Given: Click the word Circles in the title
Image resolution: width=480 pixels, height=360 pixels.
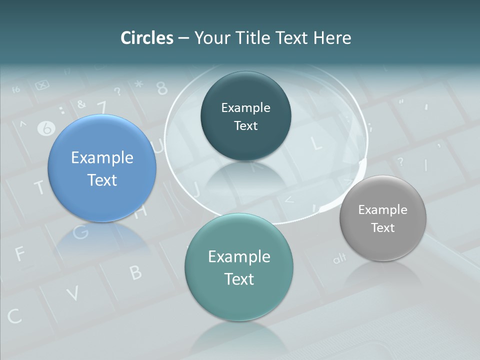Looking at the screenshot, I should [146, 38].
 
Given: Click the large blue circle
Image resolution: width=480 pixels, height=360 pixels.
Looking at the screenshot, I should [102, 168].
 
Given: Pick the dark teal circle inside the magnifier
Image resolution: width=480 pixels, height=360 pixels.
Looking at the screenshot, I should [245, 116].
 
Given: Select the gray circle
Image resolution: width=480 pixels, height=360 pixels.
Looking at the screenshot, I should [383, 218].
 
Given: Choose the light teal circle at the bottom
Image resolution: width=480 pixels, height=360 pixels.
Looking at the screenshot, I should [239, 267].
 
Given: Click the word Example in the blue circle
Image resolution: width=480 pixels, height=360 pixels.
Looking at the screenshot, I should [102, 158].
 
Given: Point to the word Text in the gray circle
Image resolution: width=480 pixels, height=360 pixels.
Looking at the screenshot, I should [383, 228].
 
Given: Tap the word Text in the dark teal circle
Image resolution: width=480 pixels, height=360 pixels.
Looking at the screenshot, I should [245, 126].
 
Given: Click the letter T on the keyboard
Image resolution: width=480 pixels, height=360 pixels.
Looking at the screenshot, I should [39, 188].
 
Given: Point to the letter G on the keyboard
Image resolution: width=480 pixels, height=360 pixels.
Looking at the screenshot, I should [80, 231].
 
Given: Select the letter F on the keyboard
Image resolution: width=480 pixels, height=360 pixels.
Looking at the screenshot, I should [20, 254].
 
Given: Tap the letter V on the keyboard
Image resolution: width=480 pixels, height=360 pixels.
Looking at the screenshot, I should [73, 293].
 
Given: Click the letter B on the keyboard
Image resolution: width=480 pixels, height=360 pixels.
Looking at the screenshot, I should [135, 272].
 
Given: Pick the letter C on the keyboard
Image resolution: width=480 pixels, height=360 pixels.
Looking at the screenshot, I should [14, 316].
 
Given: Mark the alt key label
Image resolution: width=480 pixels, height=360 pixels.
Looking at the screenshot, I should [339, 259].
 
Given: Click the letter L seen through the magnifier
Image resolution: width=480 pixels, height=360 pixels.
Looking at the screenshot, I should [316, 143].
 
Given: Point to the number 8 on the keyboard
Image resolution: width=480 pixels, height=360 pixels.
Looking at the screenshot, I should [162, 88].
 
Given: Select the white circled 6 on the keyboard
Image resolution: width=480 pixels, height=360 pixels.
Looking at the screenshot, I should [46, 128].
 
